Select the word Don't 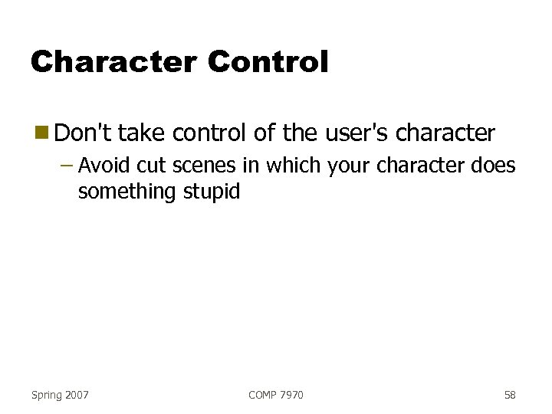coord(84,133)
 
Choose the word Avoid coord(105,166)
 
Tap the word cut coord(152,166)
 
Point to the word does coord(495,166)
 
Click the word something coord(128,191)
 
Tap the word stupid coord(212,191)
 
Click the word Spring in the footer coord(48,395)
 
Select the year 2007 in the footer coord(77,395)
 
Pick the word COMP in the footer coord(264,395)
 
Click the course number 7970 coord(292,395)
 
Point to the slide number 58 coord(510,395)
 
